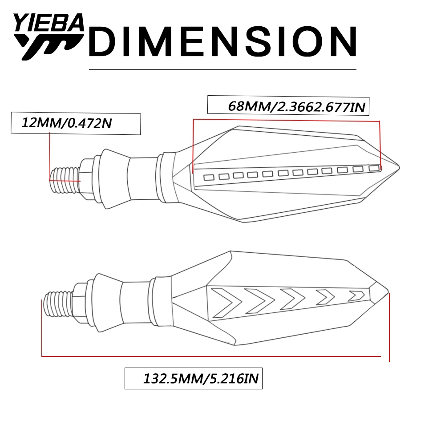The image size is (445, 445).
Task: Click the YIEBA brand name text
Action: (49, 22)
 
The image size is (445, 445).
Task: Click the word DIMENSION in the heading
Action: (223, 41)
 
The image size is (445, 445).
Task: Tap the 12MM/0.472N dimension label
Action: (67, 123)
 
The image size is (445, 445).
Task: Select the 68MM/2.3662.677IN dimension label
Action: (296, 106)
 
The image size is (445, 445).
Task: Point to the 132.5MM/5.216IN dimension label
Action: (201, 378)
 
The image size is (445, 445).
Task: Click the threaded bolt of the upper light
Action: (65, 180)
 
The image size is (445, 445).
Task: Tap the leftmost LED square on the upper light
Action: (209, 178)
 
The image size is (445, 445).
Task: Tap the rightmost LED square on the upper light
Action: (374, 168)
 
